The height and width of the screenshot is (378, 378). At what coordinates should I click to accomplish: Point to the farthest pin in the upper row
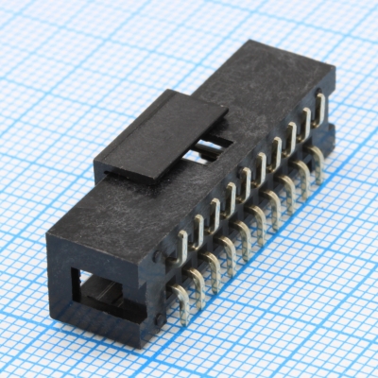pos(320,106)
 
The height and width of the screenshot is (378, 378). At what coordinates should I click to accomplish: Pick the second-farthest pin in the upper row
pos(304,122)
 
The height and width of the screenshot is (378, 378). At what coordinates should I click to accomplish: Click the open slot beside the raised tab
pos(213,148)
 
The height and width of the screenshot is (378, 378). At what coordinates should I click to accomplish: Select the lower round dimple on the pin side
pos(162,321)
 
